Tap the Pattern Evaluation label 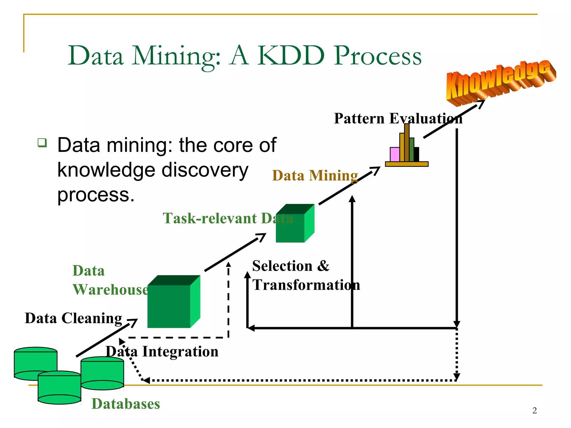pos(398,118)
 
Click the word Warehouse pos(110,290)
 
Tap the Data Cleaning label pos(73,318)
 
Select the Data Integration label pos(162,352)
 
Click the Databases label pos(126,404)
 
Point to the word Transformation pos(306,285)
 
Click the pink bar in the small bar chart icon pos(395,154)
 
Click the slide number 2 pos(534,410)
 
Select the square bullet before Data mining pos(42,143)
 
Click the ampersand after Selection pos(323,266)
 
